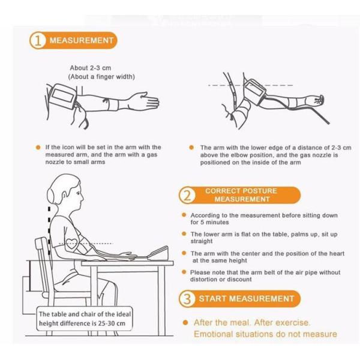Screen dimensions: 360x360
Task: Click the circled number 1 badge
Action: tap(37, 40)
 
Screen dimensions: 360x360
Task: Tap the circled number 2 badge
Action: tap(187, 195)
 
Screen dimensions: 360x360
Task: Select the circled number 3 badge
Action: tap(187, 299)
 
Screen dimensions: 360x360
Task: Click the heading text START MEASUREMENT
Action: tap(247, 299)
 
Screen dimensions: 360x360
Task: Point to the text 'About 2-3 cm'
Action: tap(91, 68)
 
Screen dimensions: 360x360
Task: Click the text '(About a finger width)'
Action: tap(101, 77)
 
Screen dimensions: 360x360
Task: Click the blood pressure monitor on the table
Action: tap(158, 253)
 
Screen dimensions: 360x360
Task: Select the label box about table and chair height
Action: tap(85, 319)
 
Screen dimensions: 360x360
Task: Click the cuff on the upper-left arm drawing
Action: tap(62, 96)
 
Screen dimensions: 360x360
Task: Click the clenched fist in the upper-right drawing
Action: tap(317, 100)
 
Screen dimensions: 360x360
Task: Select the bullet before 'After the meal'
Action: tap(185, 323)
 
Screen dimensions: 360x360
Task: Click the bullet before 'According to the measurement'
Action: tap(184, 215)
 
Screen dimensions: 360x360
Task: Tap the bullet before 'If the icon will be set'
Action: tap(38, 148)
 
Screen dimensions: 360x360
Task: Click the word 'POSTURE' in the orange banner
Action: tap(260, 191)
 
